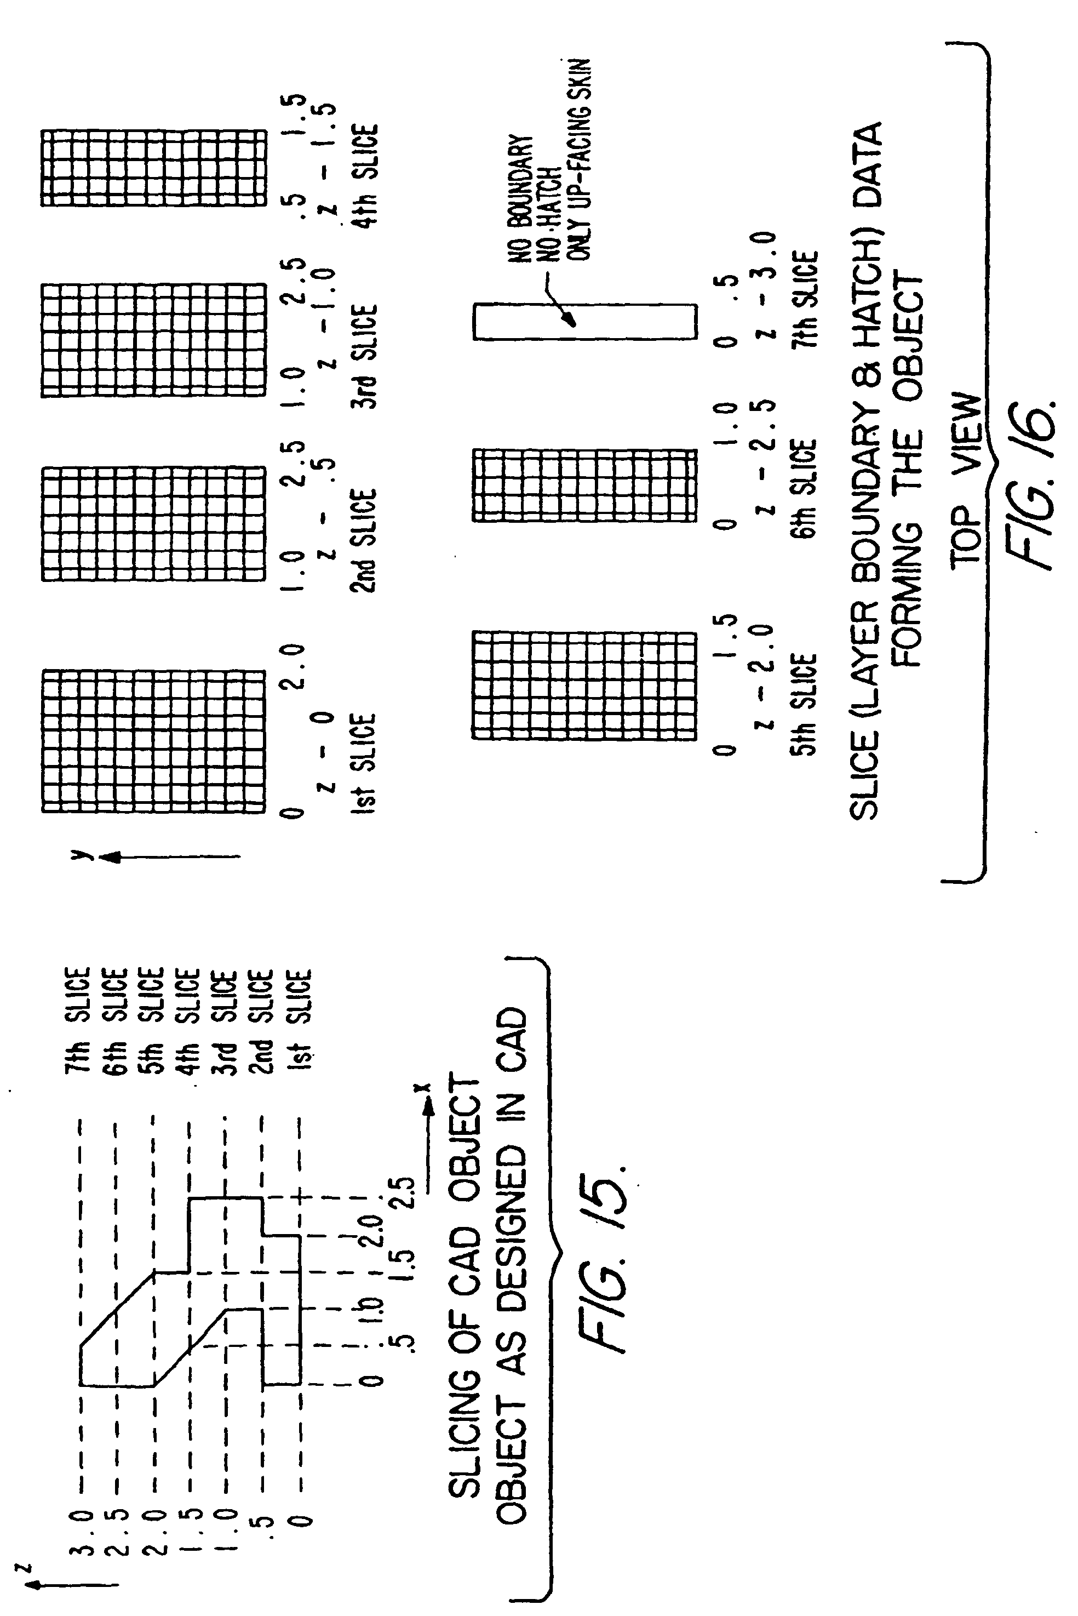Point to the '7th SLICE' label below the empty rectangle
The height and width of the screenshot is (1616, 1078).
804,299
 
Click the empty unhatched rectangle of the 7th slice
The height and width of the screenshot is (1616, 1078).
584,322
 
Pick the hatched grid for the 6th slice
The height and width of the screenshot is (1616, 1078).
584,485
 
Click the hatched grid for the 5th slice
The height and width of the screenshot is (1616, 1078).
584,685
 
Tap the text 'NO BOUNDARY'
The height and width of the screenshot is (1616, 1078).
520,199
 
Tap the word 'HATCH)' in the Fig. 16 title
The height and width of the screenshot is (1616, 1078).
866,324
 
